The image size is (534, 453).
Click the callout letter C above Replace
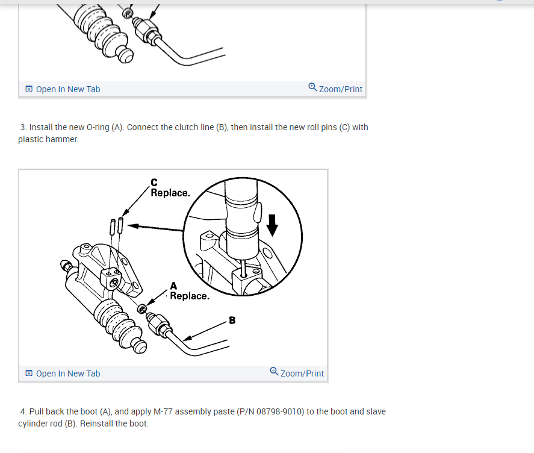154,183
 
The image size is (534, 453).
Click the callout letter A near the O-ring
173,286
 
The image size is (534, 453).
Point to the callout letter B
232,320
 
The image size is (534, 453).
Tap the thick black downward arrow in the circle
272,225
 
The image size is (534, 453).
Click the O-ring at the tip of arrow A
142,309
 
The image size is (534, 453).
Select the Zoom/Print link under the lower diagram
302,373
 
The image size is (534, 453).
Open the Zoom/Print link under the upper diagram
341,89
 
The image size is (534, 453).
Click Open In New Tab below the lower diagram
68,373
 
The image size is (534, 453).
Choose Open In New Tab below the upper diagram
68,89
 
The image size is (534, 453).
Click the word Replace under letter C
170,193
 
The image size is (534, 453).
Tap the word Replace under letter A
190,296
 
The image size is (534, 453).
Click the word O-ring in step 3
98,128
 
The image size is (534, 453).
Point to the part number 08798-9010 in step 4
280,412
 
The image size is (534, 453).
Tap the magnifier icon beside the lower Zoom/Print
274,371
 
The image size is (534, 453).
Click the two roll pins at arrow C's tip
116,226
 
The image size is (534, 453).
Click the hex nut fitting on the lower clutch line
158,324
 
